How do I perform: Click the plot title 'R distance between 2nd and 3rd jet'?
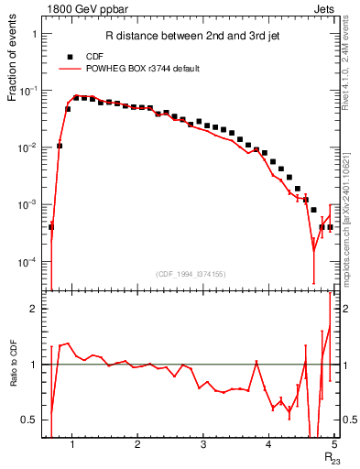[x=174, y=38]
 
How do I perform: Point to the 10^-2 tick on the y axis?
[x=29, y=147]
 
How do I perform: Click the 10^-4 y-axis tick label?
[x=29, y=262]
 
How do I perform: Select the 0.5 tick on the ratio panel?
[x=29, y=420]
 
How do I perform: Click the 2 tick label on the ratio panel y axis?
[x=34, y=309]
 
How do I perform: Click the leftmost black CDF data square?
[x=51, y=226]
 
